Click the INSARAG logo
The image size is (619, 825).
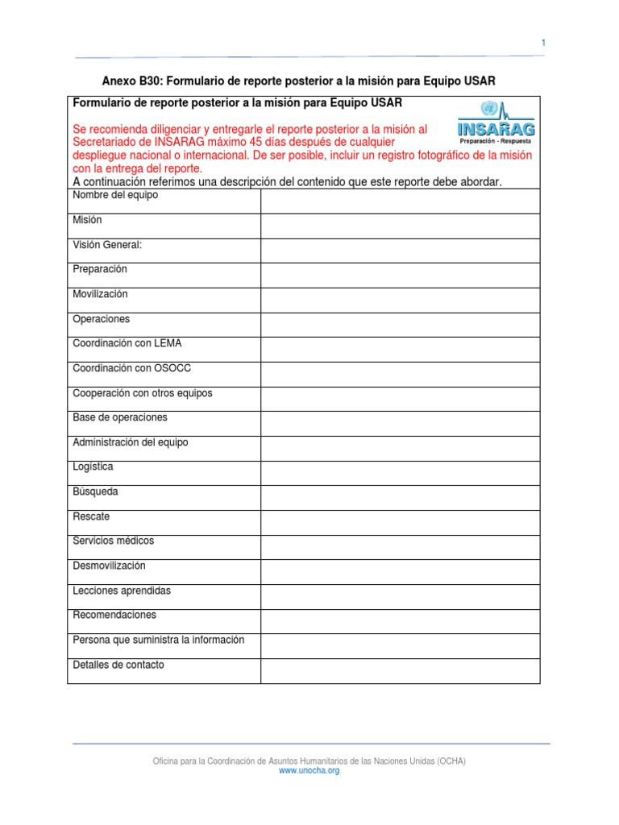(496, 122)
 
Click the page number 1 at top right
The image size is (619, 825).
(543, 43)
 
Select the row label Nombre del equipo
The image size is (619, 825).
(115, 196)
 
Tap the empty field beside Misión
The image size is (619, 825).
(400, 226)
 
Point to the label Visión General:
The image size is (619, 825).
(107, 245)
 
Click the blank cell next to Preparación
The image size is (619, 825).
(400, 276)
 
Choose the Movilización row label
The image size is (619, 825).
(100, 295)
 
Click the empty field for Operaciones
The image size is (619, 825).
(400, 325)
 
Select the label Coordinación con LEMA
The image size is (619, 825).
(127, 344)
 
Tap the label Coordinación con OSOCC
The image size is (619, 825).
(131, 368)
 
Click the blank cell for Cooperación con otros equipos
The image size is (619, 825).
(400, 399)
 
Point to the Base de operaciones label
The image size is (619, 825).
(120, 418)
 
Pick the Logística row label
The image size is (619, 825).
(93, 467)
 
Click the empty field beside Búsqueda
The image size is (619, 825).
(400, 497)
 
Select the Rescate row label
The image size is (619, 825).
(91, 516)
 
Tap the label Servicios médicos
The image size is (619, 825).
(113, 541)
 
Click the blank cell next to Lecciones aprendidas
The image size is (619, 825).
(400, 596)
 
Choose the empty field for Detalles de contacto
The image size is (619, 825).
(400, 670)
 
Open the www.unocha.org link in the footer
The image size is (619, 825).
(309, 771)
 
